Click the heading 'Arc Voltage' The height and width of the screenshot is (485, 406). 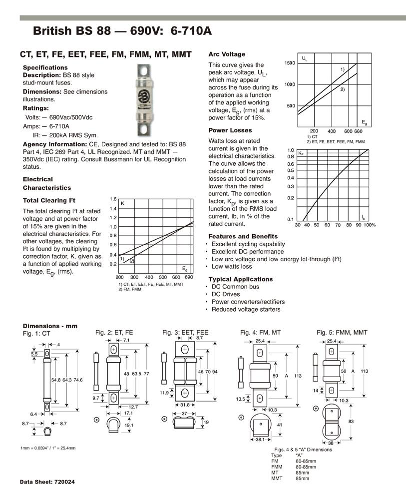click(x=227, y=54)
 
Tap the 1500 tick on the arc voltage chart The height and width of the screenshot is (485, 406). click(x=290, y=63)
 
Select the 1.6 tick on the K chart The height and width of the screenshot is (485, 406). click(x=113, y=199)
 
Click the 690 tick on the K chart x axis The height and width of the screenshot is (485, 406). click(x=189, y=277)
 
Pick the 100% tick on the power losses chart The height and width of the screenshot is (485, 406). click(x=370, y=225)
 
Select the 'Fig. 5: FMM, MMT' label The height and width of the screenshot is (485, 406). click(x=342, y=333)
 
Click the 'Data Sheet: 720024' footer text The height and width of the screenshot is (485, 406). click(x=47, y=482)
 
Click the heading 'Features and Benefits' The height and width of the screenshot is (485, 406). click(x=243, y=236)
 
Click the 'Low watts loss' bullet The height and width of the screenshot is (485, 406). click(x=232, y=267)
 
